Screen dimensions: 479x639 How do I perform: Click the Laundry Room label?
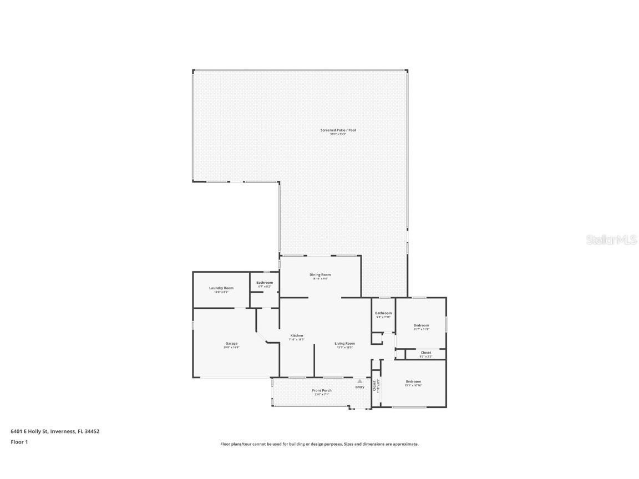click(x=221, y=288)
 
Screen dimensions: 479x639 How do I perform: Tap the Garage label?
click(x=231, y=344)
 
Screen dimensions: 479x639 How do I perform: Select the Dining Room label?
click(x=320, y=275)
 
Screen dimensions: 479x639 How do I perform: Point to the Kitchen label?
click(x=297, y=335)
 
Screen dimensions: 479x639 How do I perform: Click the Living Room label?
click(x=344, y=344)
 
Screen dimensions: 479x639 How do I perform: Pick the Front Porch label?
click(x=322, y=391)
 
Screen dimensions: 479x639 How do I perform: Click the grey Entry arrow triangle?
click(x=359, y=381)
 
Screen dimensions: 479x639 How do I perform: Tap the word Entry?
click(x=360, y=387)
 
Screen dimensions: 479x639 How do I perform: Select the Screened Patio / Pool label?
click(x=338, y=130)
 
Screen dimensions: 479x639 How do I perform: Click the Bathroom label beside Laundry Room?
click(x=265, y=283)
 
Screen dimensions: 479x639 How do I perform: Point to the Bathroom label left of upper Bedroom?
click(x=383, y=313)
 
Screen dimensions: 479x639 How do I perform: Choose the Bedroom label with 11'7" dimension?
click(x=421, y=325)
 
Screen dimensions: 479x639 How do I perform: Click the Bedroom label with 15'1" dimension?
click(x=413, y=381)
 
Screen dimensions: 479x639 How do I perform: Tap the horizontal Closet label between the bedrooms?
click(x=426, y=353)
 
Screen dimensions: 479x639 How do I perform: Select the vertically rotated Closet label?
click(x=374, y=385)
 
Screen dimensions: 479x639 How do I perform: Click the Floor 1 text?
click(x=19, y=442)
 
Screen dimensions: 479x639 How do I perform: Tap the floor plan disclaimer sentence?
click(x=319, y=444)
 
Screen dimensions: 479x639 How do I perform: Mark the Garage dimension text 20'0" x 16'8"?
click(x=231, y=348)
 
